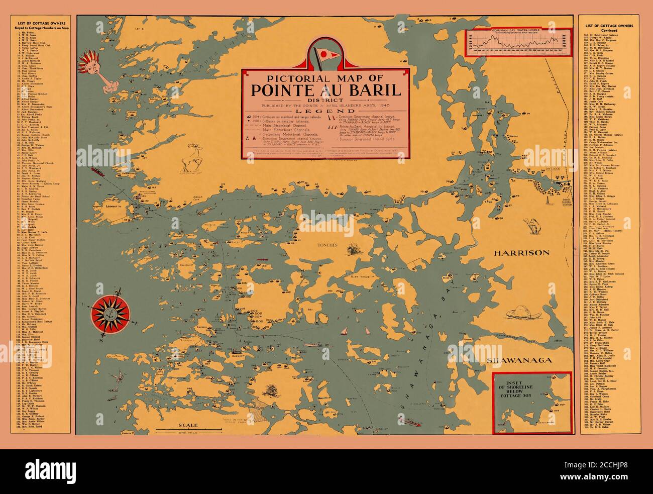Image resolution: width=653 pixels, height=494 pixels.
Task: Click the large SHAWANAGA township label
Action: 519,360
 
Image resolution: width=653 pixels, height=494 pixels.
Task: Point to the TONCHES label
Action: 323,245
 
